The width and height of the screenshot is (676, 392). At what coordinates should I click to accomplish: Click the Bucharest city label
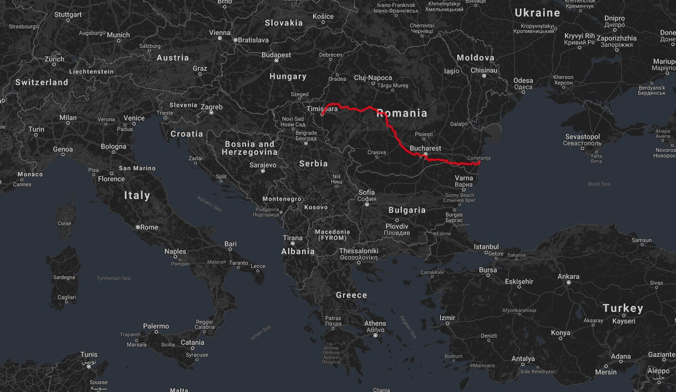426,149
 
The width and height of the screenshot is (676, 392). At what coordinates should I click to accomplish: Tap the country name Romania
402,113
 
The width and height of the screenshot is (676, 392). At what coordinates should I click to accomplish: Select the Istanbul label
486,247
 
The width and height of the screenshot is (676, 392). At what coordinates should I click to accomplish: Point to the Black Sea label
598,184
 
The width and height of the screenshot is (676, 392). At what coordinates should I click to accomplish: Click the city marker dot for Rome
138,227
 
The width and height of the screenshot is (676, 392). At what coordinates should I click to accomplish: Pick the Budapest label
276,55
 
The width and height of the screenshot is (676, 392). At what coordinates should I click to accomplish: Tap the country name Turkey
623,308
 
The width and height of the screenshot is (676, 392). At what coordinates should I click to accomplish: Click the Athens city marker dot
375,335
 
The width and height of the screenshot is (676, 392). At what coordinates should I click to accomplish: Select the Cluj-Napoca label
373,78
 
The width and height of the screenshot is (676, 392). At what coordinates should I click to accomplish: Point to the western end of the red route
322,114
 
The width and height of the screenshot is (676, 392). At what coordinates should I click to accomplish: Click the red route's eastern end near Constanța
479,162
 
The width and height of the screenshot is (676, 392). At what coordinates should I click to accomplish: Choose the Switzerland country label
42,82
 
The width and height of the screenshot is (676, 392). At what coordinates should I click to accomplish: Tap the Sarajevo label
263,165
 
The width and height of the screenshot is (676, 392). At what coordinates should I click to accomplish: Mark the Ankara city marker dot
568,282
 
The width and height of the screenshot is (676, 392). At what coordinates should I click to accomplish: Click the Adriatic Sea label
209,203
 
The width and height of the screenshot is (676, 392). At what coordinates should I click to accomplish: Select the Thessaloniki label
359,251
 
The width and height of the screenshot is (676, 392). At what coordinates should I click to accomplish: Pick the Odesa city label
523,81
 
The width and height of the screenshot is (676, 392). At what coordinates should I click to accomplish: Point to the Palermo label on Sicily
156,326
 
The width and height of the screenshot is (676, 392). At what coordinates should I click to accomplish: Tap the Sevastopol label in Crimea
583,137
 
